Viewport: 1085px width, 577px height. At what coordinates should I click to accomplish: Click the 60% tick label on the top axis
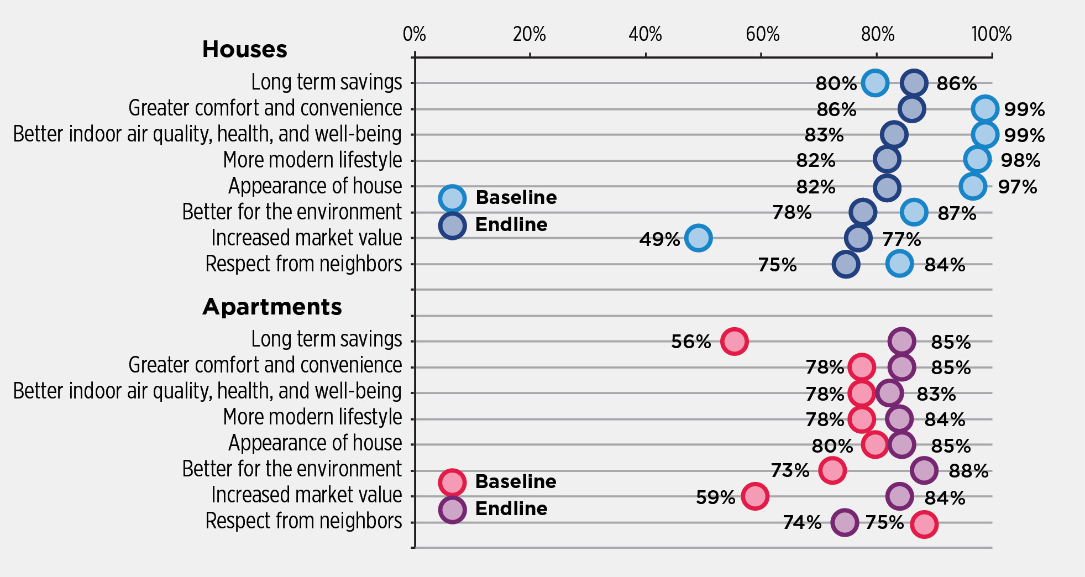[762, 34]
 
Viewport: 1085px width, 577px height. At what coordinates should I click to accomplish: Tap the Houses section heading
[244, 49]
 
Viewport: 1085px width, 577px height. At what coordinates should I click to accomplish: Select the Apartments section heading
[272, 307]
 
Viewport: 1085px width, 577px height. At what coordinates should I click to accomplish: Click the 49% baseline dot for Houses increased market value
[698, 238]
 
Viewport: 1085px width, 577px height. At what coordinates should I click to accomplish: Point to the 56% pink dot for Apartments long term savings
[734, 341]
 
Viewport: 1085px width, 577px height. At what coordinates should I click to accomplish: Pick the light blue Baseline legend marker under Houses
[452, 198]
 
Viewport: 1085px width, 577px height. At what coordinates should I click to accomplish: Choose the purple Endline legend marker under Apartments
[452, 509]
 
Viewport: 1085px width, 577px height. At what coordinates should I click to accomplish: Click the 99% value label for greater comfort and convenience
[1024, 109]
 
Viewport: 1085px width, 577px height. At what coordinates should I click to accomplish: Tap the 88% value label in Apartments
[968, 471]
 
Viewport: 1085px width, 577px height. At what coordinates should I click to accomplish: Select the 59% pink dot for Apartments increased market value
[755, 496]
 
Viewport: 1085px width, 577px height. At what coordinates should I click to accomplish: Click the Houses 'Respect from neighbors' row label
[303, 264]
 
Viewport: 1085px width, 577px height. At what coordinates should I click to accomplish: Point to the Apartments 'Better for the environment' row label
[292, 469]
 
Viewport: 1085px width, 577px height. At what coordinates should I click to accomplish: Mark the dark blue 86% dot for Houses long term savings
[914, 83]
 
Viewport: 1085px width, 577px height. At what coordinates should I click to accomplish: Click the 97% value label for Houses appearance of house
[1017, 187]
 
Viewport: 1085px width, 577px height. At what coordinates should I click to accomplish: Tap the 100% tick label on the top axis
[992, 34]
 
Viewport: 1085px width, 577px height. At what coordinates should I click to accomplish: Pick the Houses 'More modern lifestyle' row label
[312, 160]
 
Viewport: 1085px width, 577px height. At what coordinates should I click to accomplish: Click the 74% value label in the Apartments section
[802, 522]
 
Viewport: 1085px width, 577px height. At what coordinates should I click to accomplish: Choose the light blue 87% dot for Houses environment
[914, 212]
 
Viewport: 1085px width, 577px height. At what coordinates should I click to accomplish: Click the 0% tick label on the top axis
[414, 34]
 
